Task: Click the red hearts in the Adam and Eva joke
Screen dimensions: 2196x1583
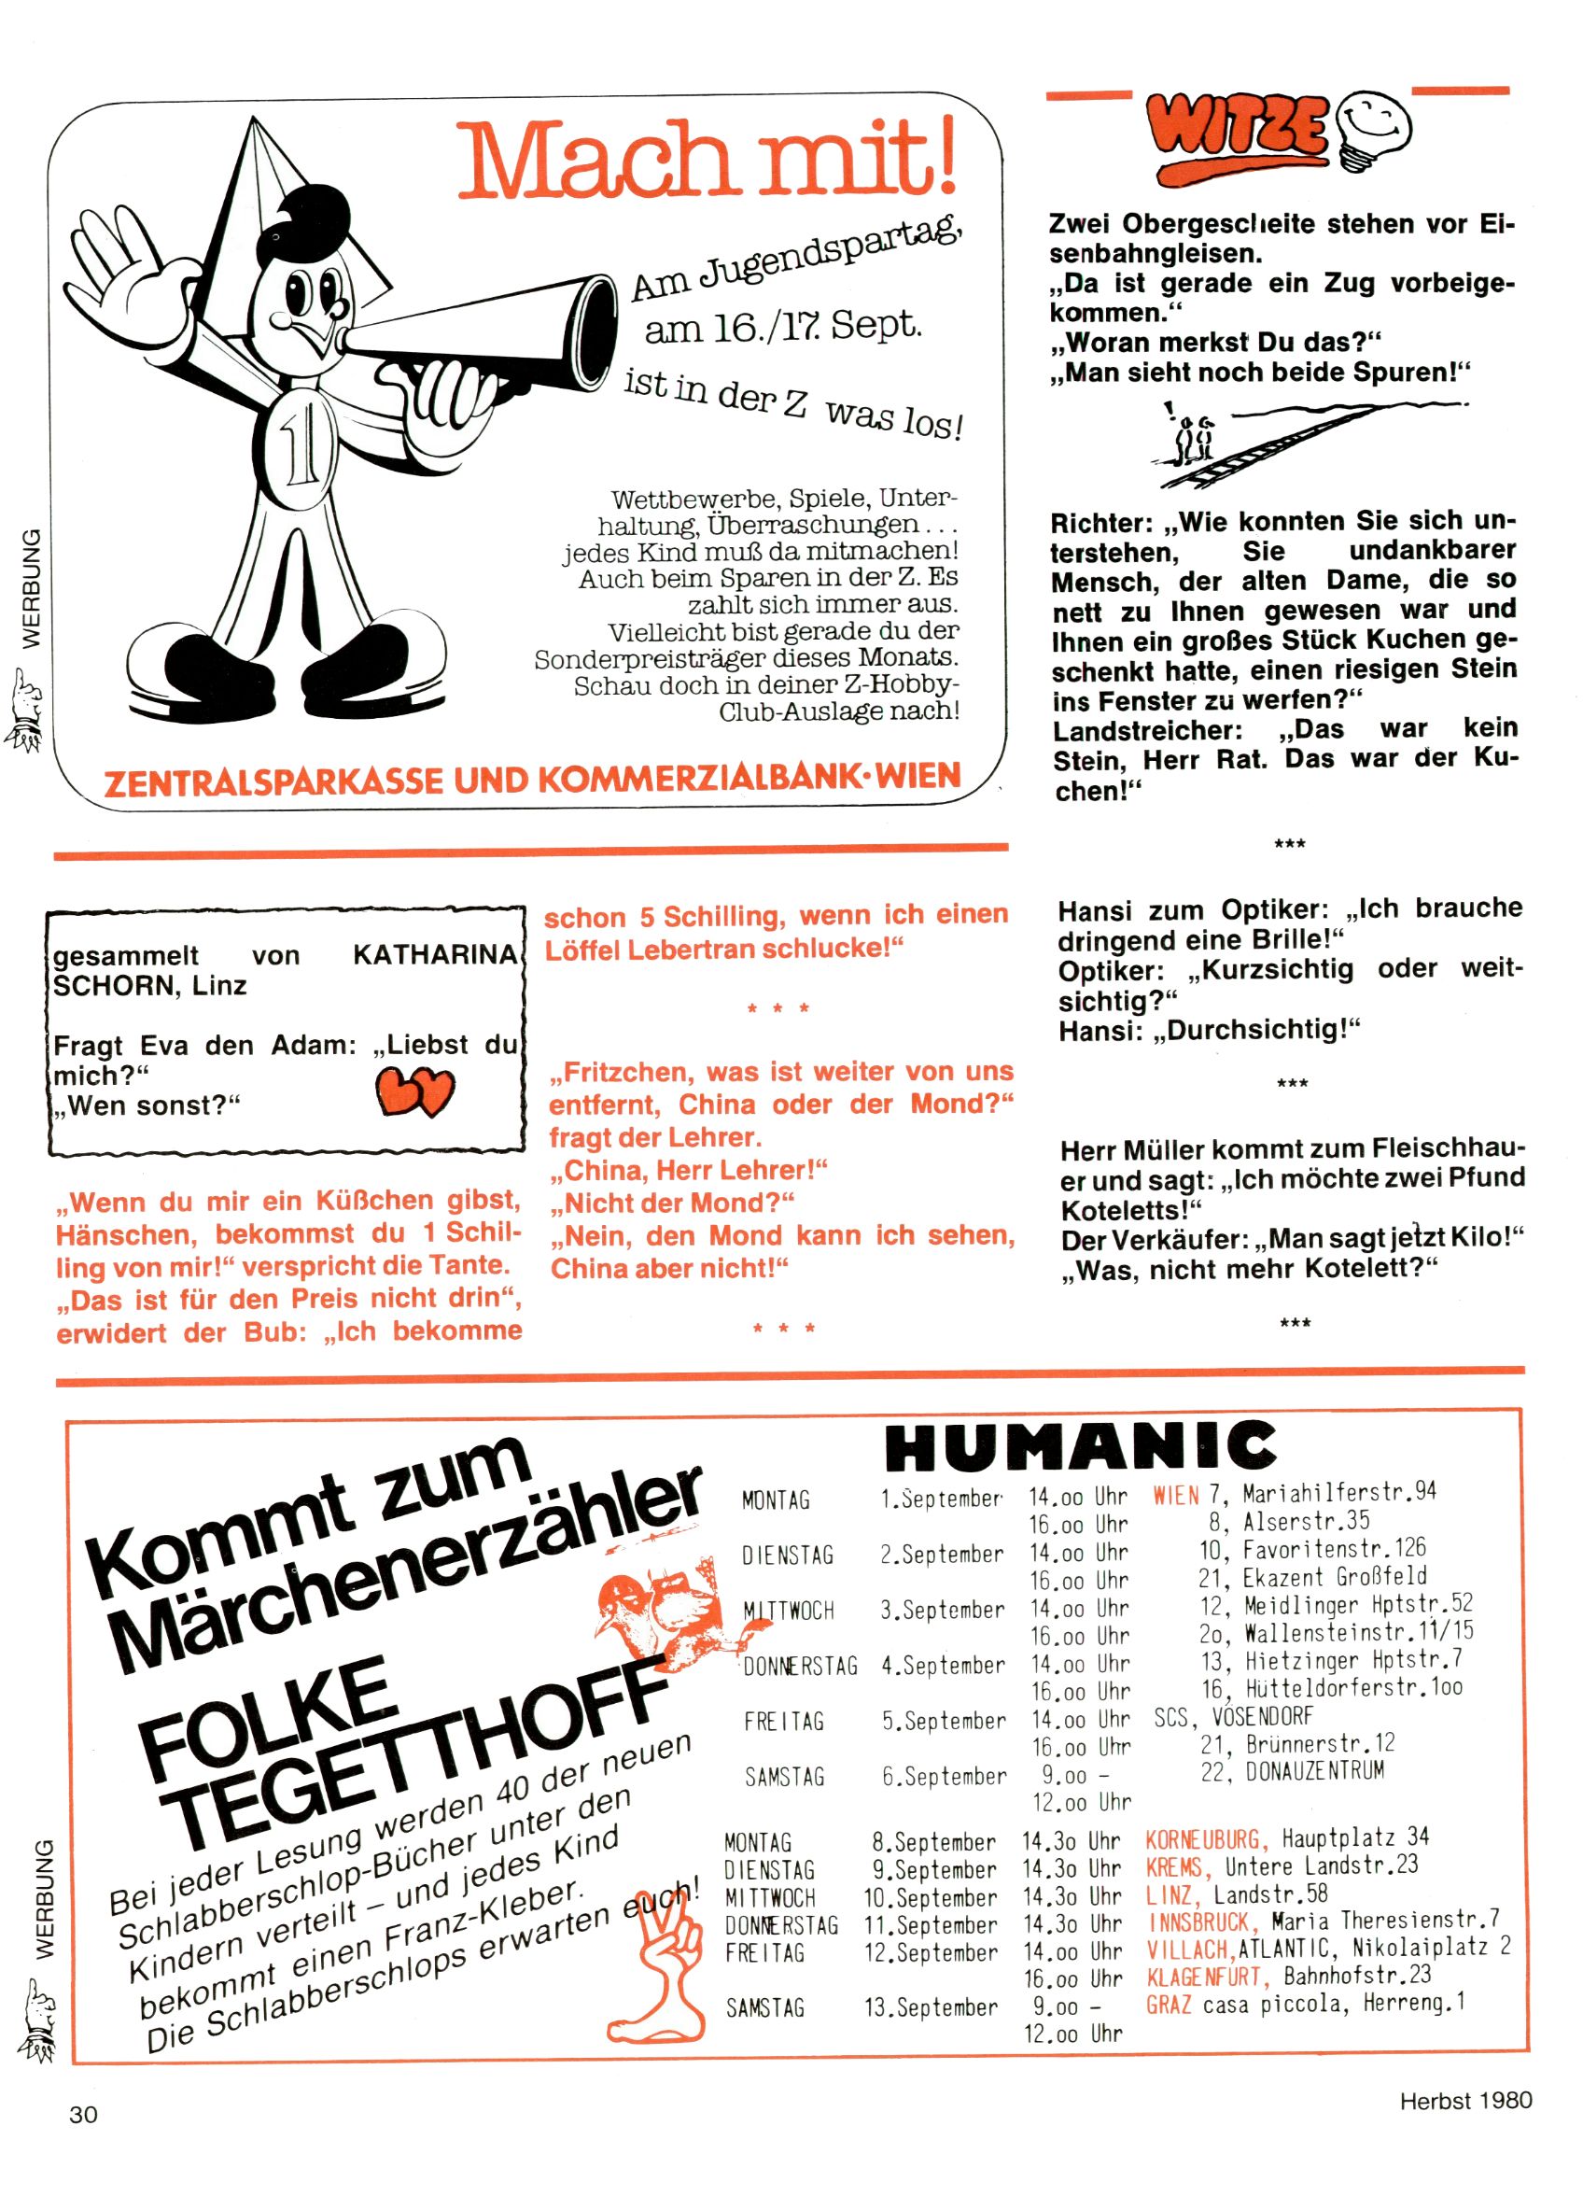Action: click(415, 1091)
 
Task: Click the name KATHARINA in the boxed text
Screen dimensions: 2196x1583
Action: click(436, 956)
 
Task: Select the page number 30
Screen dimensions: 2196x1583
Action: click(83, 2115)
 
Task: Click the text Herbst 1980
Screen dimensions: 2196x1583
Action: click(1465, 2100)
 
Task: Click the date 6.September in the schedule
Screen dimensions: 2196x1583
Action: click(944, 1777)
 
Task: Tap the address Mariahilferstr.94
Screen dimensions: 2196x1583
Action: click(1339, 1493)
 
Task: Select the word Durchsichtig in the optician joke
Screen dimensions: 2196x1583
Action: click(1257, 1030)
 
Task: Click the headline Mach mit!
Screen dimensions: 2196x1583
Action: click(707, 160)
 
